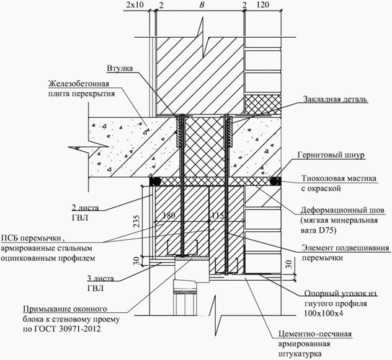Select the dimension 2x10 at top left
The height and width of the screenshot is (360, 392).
pos(134,6)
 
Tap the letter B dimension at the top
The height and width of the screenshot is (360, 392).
pos(200,6)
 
